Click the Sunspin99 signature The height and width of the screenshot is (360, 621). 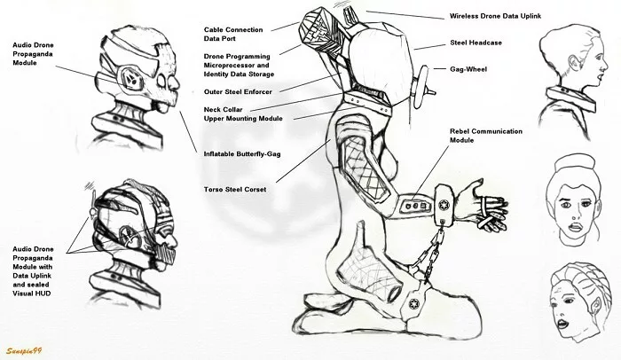point(24,351)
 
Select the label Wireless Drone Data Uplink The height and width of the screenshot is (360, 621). point(495,16)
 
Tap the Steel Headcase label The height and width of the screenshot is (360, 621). point(476,43)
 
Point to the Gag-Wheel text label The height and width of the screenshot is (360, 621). point(468,69)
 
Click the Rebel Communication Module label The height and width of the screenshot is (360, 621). point(486,136)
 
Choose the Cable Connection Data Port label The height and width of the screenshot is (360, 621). point(233,34)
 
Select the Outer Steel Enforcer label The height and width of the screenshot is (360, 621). point(238,92)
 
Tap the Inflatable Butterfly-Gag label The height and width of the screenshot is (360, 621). point(242,154)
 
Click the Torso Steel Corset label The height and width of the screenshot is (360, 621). point(235,190)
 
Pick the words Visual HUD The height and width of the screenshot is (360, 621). point(32,293)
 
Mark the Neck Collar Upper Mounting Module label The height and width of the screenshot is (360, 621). point(243,114)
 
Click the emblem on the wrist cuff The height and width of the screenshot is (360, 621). point(444,205)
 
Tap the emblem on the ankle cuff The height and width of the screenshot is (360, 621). point(413,304)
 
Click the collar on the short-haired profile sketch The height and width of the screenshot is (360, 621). point(571,99)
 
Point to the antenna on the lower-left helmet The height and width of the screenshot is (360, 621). point(92,202)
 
